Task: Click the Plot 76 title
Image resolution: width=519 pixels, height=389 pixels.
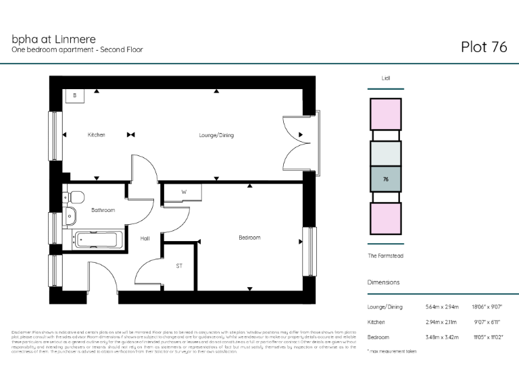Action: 483,47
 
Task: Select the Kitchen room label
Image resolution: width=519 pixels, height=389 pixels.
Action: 97,135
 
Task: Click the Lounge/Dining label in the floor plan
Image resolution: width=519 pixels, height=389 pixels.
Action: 216,135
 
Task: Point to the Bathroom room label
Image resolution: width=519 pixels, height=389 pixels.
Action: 103,210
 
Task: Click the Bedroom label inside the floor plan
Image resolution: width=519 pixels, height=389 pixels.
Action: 249,238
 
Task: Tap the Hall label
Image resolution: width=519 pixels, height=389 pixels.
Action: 145,238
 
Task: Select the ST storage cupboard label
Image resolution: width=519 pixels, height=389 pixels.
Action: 179,266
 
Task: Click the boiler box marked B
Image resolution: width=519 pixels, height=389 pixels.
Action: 74,96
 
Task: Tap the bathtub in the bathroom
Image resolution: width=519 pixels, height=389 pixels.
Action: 99,238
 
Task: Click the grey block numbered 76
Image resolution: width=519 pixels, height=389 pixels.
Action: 385,180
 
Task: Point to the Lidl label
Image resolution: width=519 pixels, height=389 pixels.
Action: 386,78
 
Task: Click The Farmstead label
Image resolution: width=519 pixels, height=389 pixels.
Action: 386,255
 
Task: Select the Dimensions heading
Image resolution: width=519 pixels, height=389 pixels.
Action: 383,282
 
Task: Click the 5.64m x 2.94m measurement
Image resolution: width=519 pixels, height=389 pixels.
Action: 442,307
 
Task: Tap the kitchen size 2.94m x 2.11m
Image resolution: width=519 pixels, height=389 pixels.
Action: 442,322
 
